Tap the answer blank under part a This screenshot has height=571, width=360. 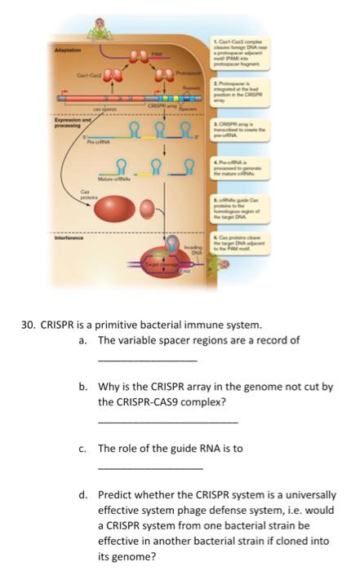pyautogui.click(x=146, y=360)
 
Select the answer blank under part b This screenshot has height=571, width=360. pyautogui.click(x=167, y=422)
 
